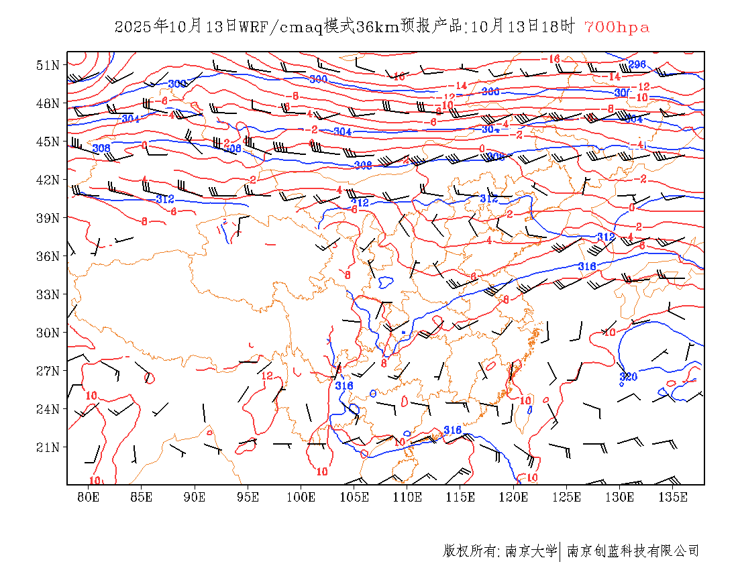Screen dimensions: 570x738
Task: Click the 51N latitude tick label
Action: (x=48, y=65)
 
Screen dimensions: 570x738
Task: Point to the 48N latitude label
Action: (x=48, y=103)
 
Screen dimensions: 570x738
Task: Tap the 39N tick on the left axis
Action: (x=48, y=218)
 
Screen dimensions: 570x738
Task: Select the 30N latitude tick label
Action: (x=48, y=333)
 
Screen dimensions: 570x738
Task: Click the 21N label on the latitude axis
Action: (x=48, y=447)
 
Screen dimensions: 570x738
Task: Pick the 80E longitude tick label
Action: (x=88, y=497)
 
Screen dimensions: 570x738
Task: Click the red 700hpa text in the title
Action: (x=617, y=27)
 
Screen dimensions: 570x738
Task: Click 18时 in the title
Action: (x=559, y=27)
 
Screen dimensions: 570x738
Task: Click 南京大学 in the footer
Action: (x=531, y=551)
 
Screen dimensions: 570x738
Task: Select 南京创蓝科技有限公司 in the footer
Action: (x=633, y=551)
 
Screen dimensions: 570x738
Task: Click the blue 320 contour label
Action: (x=629, y=376)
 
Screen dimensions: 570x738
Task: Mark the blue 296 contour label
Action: (x=637, y=64)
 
